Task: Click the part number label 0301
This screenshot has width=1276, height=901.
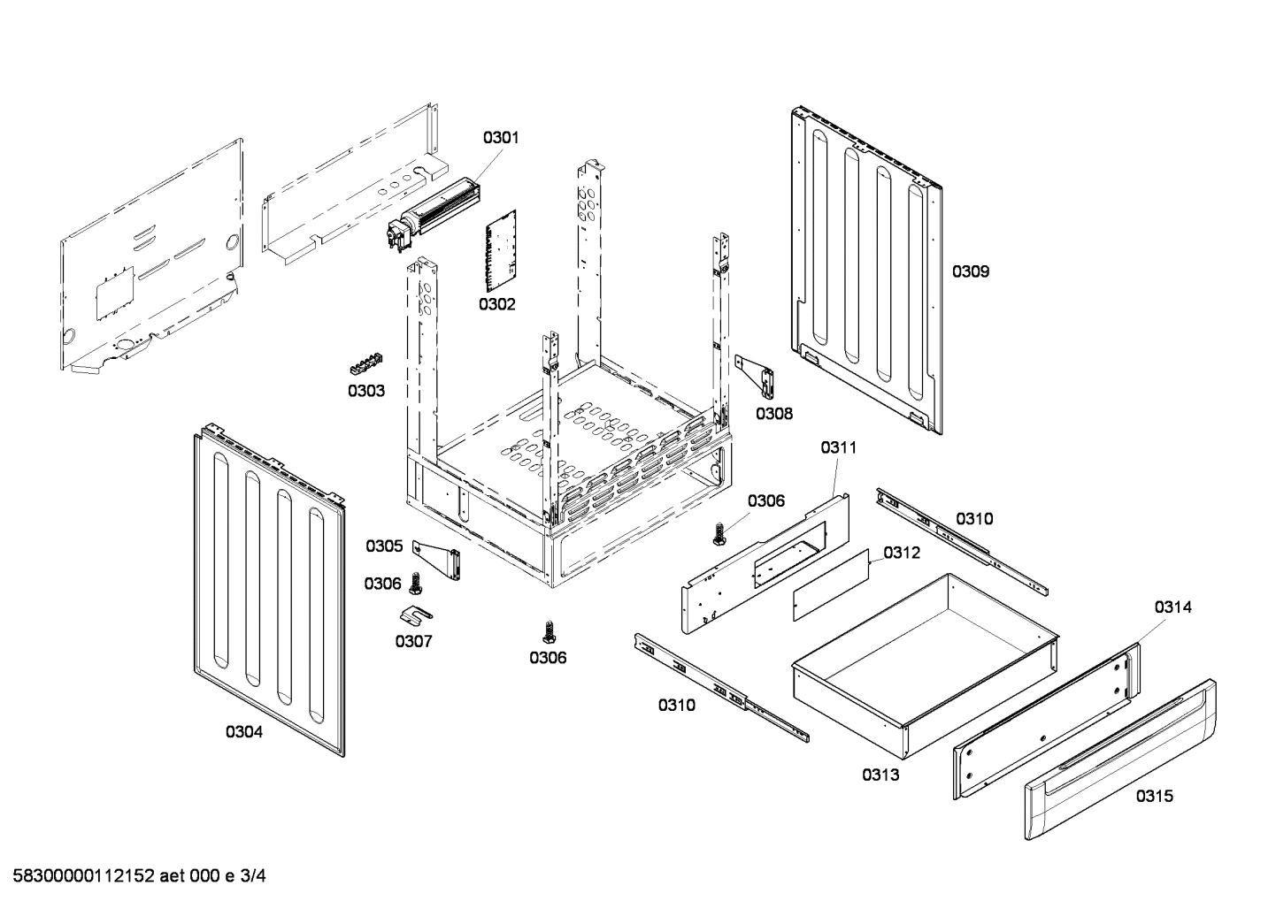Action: pos(500,137)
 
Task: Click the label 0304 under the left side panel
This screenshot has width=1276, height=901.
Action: pos(243,731)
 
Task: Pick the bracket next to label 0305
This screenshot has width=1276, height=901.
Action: pos(440,561)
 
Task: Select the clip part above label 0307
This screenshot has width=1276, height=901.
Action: pos(414,612)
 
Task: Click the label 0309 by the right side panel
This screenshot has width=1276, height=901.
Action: pos(971,271)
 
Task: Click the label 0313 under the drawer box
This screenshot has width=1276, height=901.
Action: pos(880,775)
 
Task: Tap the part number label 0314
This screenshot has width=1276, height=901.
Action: pos(1172,607)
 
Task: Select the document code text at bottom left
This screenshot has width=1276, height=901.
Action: pos(134,876)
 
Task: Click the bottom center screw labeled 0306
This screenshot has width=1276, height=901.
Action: pos(548,630)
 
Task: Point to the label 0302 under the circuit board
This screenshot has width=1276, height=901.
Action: pos(497,304)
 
